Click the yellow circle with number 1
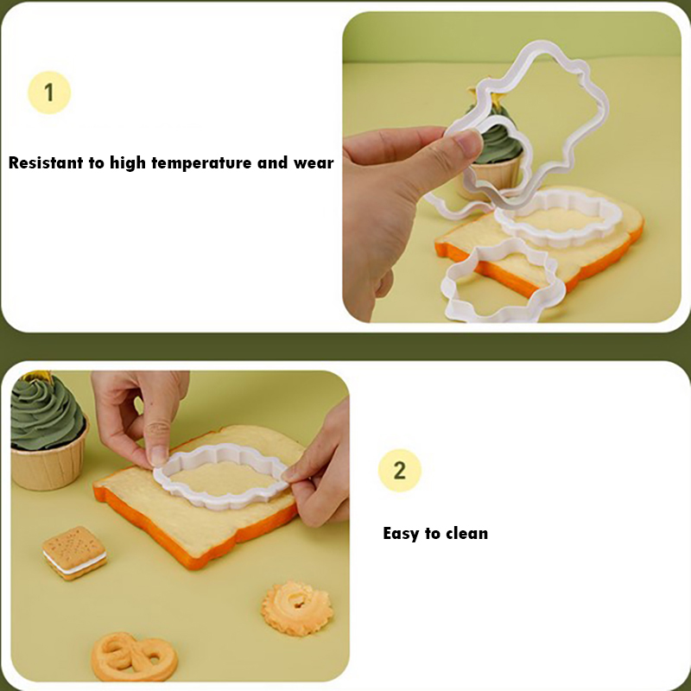click(x=49, y=92)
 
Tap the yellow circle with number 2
click(x=400, y=470)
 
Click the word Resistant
click(x=46, y=162)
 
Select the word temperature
click(x=202, y=163)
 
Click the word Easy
click(x=401, y=534)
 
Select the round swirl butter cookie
click(x=297, y=608)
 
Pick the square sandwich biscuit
click(x=74, y=553)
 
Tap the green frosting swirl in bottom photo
click(x=46, y=412)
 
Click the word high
click(x=127, y=163)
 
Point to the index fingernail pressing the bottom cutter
click(x=157, y=456)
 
